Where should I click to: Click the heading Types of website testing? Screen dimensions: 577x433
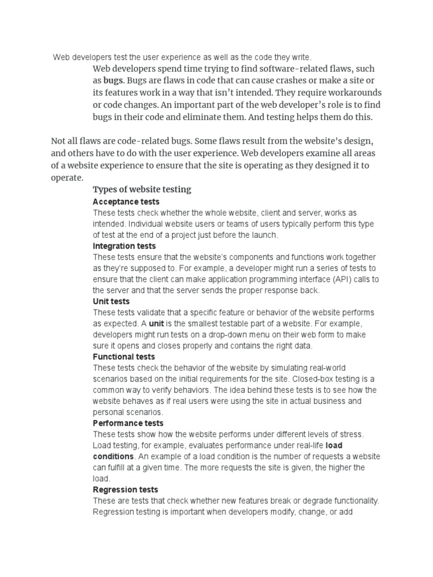(142, 189)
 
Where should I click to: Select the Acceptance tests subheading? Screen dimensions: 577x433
(126, 202)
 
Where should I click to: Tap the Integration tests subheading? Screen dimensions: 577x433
(125, 246)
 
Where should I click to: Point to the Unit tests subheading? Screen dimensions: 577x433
(111, 301)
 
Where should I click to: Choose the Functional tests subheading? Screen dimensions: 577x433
(123, 357)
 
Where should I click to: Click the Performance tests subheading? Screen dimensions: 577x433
(128, 423)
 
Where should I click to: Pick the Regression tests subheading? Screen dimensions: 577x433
(125, 490)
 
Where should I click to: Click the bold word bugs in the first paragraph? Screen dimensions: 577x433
(113, 81)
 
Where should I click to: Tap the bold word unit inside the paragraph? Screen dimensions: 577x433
(156, 323)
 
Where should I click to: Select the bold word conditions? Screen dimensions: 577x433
(113, 456)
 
